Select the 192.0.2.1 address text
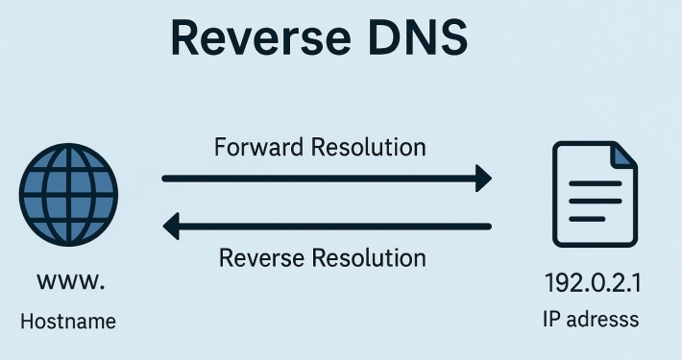594,285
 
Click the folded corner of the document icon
622,156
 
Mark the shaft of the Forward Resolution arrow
317,178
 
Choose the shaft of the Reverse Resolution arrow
336,227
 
